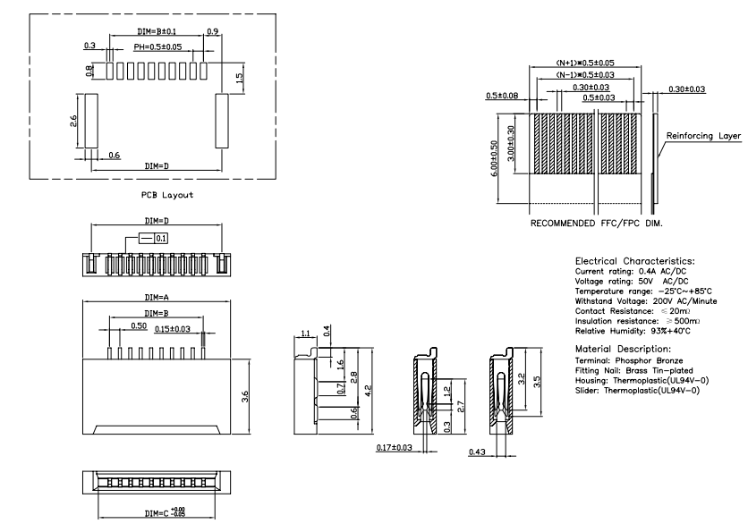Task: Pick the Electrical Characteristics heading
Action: point(634,260)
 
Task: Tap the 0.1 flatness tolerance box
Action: point(161,239)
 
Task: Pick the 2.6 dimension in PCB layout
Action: point(74,120)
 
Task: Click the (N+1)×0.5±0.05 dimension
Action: point(586,63)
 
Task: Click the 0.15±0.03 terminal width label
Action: point(172,329)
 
